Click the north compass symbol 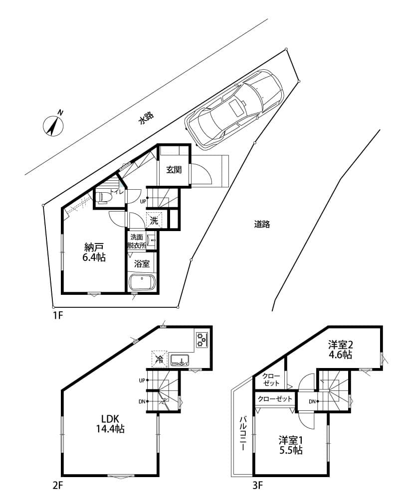click(53, 125)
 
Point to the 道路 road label click(262, 224)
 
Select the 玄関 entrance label click(174, 170)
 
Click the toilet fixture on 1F click(104, 198)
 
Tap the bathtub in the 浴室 click(142, 282)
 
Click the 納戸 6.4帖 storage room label click(94, 252)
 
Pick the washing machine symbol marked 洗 click(154, 221)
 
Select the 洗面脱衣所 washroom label click(137, 241)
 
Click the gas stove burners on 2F click(201, 339)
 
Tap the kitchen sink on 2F click(180, 360)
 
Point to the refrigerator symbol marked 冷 click(159, 359)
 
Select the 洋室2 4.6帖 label click(340, 350)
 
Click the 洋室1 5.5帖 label click(291, 445)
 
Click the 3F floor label click(258, 485)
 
